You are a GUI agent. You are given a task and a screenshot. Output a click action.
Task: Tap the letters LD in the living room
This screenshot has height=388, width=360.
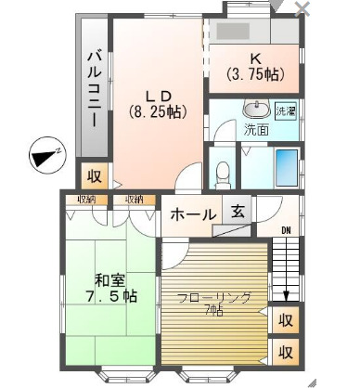click(155, 94)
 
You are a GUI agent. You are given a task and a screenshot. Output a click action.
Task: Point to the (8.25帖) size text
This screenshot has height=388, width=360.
click(155, 111)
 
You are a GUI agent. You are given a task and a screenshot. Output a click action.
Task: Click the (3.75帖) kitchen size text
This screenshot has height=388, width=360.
click(253, 73)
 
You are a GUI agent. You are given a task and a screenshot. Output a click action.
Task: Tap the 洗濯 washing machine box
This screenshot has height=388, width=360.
click(288, 111)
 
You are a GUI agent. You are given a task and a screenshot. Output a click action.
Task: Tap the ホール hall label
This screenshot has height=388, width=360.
click(193, 214)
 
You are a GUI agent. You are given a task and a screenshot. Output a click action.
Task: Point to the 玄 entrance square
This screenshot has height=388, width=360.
click(238, 213)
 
